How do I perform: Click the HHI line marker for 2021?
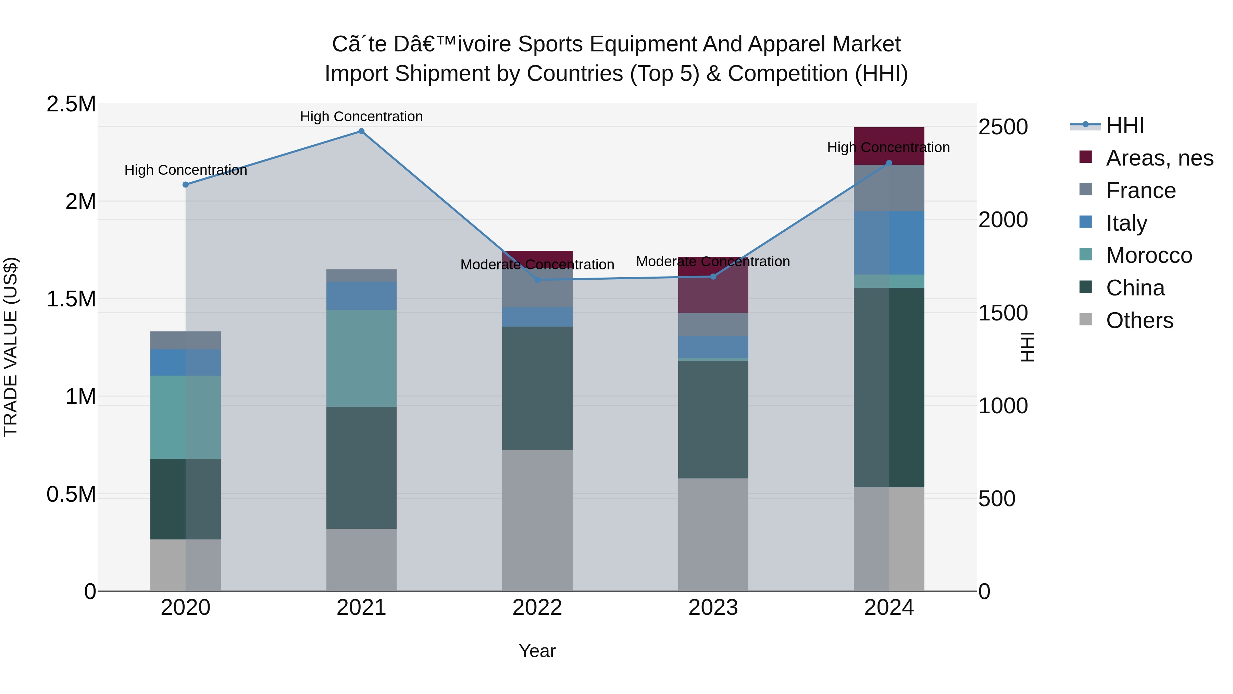[361, 131]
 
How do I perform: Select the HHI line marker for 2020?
[186, 184]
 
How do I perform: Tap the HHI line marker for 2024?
[889, 163]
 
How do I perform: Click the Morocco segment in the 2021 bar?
[361, 358]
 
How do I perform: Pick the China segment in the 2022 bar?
[537, 388]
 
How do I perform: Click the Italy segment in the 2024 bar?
[889, 243]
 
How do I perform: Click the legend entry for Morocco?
[1149, 255]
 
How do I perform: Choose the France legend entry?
[1141, 191]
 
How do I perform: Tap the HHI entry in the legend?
[1125, 125]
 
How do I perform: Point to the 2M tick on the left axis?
[80, 202]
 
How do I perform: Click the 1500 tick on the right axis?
[1003, 313]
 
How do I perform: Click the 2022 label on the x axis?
[537, 608]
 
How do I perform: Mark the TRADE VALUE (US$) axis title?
[11, 347]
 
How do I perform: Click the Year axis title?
[537, 651]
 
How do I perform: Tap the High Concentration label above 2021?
[361, 117]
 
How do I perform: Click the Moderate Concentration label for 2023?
[713, 261]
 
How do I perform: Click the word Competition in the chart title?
[788, 74]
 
